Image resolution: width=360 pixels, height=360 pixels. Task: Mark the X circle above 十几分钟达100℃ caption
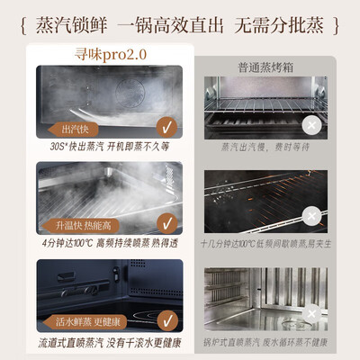[310, 216]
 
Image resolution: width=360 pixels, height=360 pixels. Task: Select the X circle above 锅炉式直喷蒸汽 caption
[310, 312]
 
